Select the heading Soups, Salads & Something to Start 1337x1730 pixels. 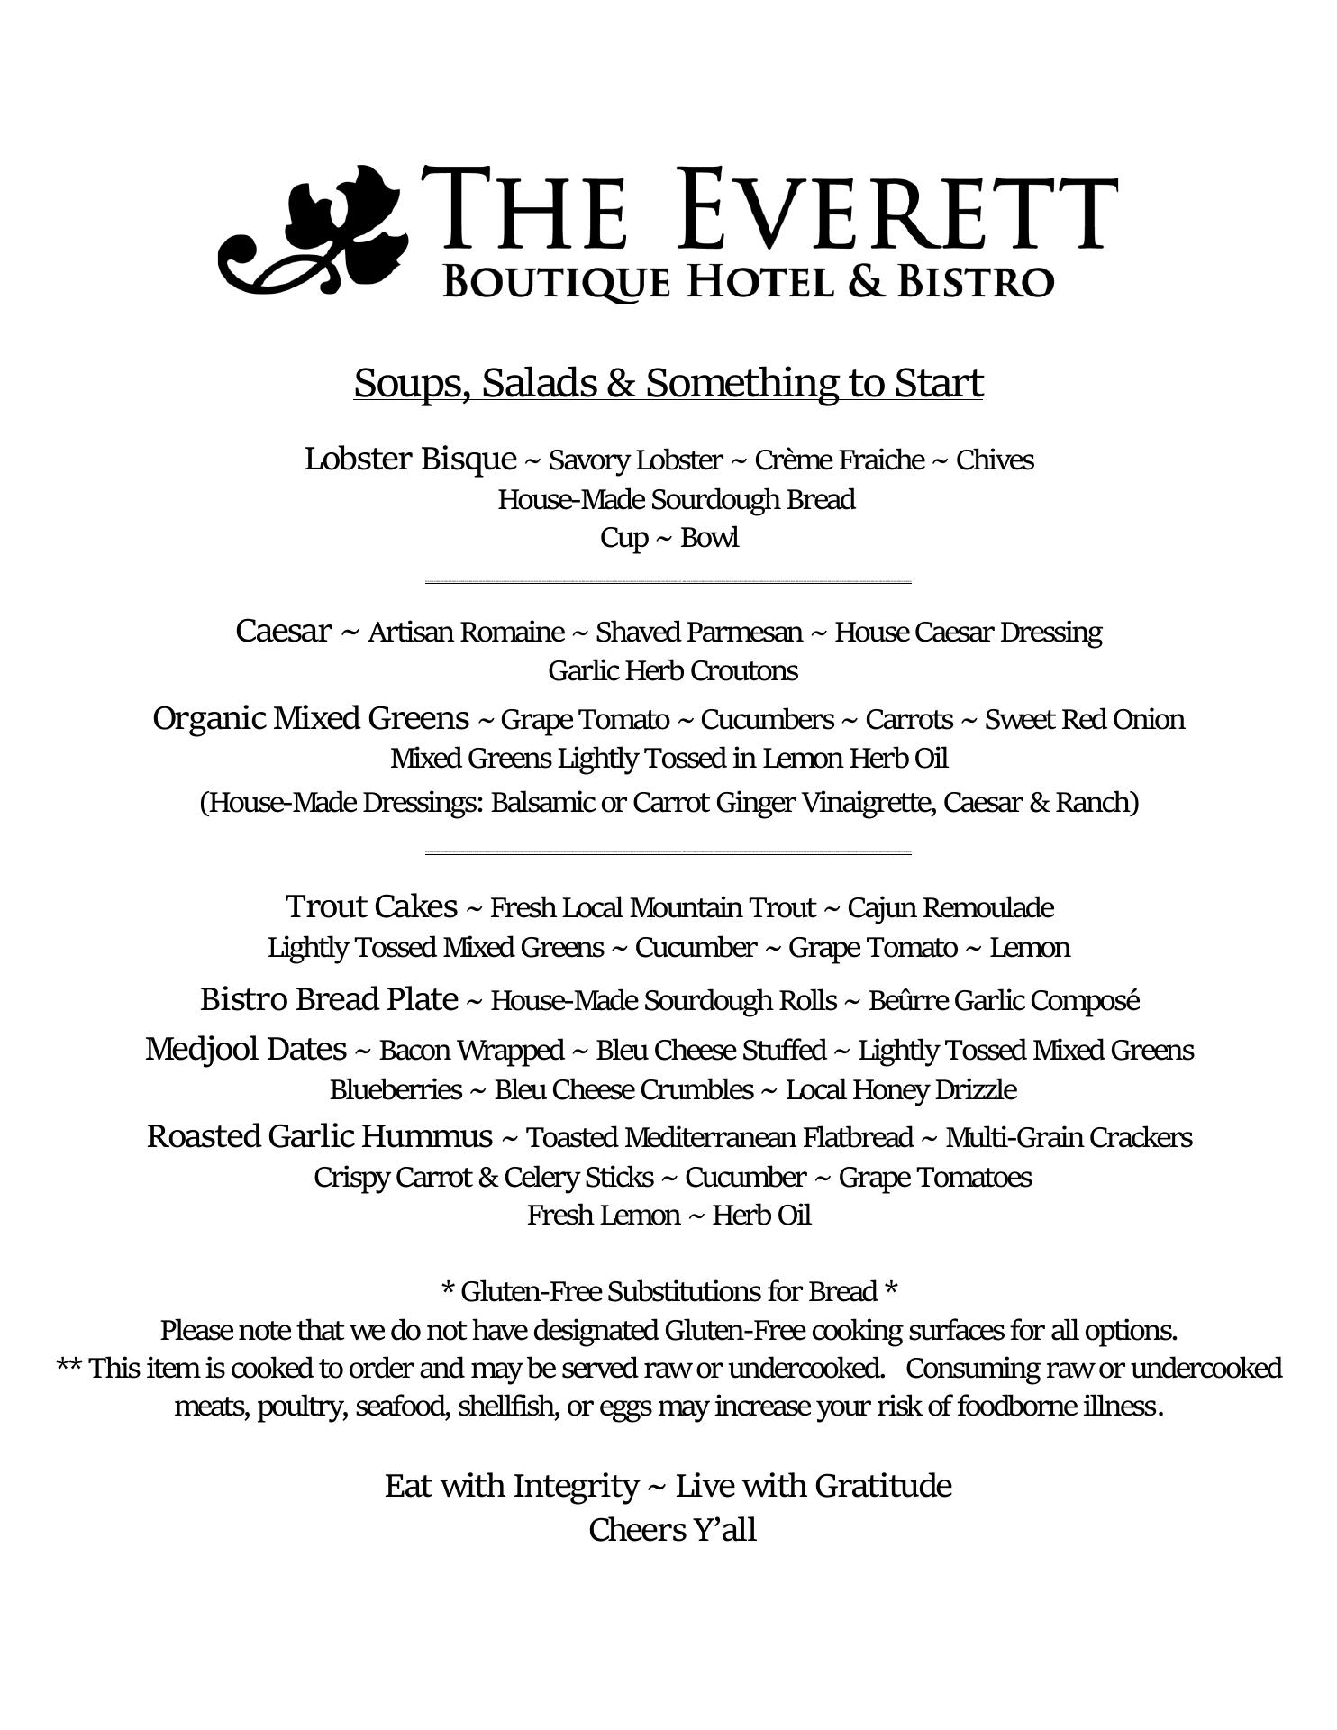pos(668,383)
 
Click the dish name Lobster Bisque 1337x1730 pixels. pos(410,459)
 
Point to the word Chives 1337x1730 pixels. pos(995,460)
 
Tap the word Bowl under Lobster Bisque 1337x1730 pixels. pos(710,538)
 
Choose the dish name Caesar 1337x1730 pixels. pos(283,631)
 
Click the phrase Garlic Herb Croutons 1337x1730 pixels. pos(673,671)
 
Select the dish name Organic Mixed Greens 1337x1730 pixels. pos(311,718)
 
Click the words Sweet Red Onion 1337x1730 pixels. pos(1084,720)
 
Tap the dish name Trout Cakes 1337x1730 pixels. pos(371,906)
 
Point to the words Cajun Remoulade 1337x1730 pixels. pos(950,907)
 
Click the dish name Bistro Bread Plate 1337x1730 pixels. pos(329,999)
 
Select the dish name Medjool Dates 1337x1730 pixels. pos(246,1049)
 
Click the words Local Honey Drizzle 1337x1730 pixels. pos(901,1090)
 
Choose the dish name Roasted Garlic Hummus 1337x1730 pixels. pos(320,1136)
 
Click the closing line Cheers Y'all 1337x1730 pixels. pos(672,1530)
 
